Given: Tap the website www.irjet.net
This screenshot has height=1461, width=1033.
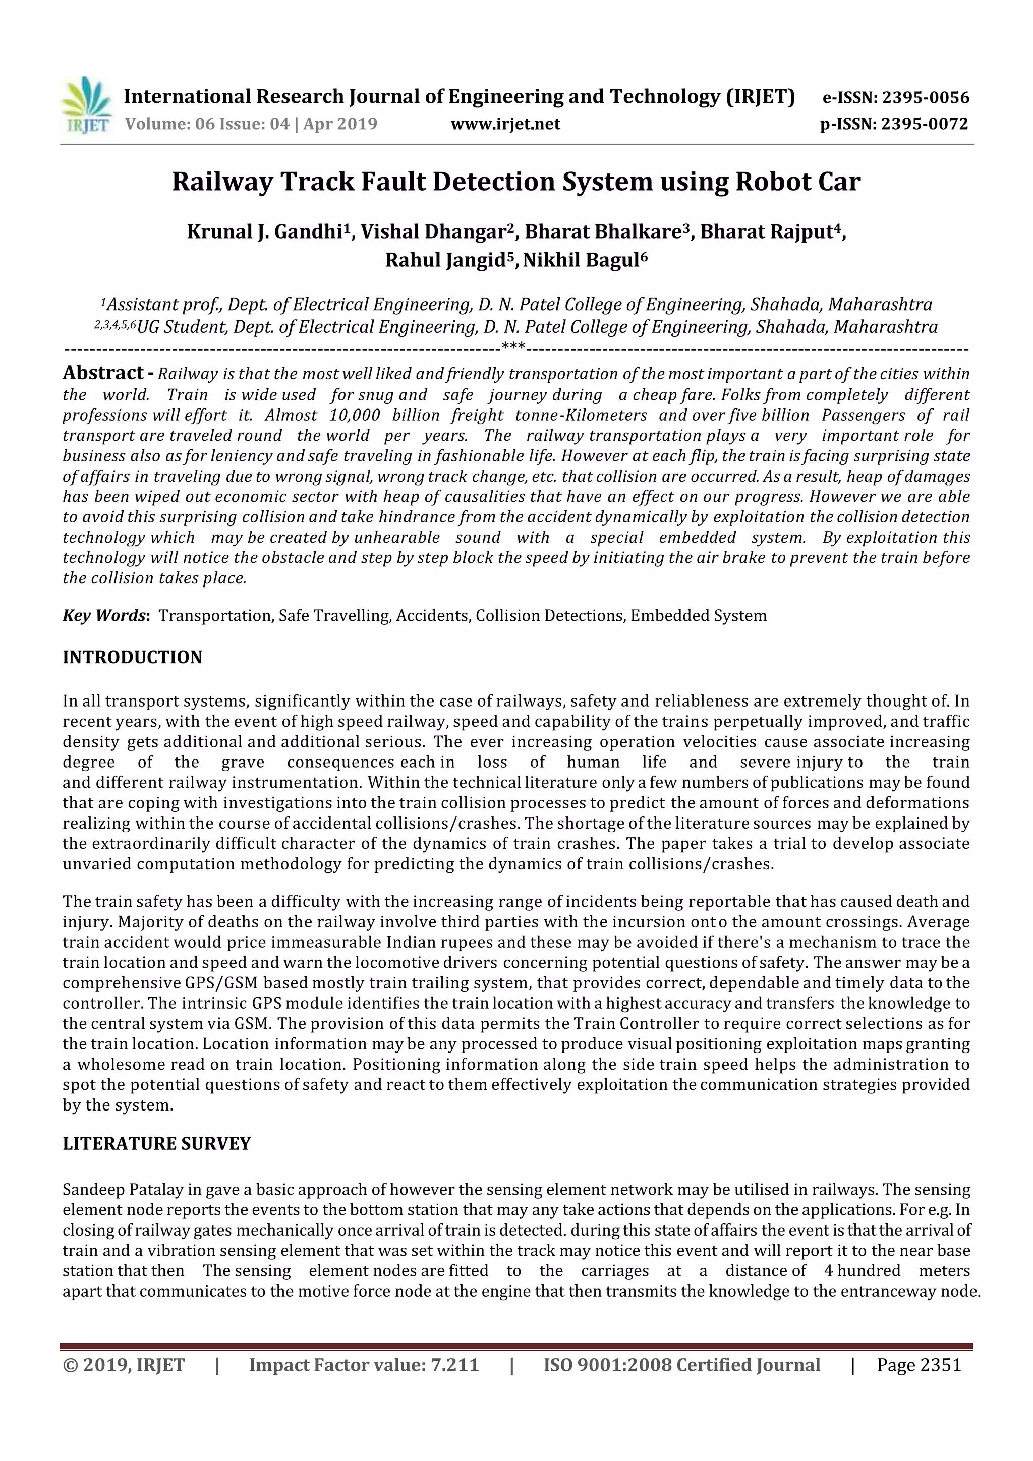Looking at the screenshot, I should (505, 124).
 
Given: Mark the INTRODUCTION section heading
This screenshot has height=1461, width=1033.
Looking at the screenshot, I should (132, 657).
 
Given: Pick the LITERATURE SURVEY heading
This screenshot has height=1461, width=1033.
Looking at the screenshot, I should (156, 1161).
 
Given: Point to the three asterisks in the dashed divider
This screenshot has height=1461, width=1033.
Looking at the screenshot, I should (513, 347).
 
